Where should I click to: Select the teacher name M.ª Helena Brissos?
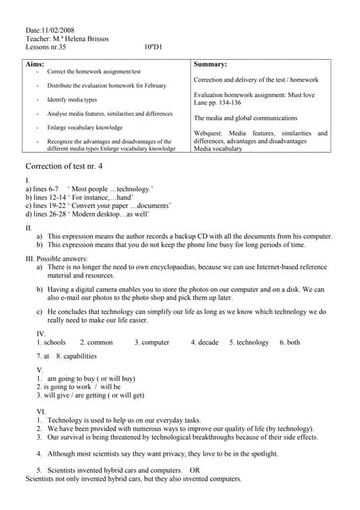80,39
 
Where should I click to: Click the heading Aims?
36,63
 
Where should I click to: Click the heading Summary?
211,64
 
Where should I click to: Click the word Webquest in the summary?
209,133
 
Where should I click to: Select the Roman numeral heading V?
40,371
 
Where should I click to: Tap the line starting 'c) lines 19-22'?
87,206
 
